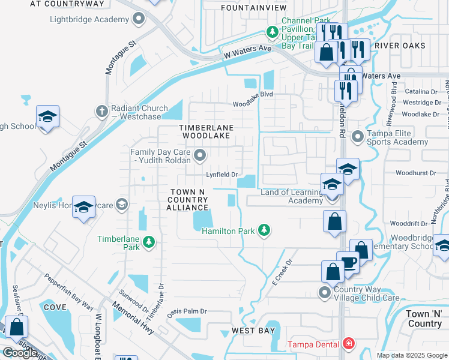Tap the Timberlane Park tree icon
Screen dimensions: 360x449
(149, 242)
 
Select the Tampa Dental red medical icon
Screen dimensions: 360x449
(348, 344)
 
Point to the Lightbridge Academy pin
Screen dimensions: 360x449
(139, 19)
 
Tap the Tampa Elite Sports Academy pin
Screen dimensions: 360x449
(358, 137)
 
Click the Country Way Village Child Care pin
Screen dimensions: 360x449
(325, 292)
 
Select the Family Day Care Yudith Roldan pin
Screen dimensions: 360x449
(200, 156)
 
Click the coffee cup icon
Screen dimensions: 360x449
(348, 262)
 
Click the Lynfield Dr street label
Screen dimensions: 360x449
(222, 175)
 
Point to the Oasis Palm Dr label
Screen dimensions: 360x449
(186, 311)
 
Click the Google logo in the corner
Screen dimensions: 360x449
(20, 352)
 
